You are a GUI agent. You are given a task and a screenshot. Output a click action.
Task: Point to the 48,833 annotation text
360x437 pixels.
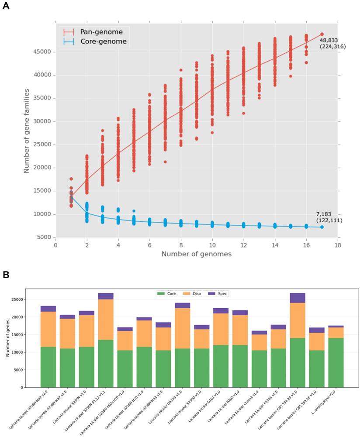point(329,40)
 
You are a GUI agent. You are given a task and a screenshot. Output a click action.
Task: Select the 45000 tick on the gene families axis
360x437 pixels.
point(42,52)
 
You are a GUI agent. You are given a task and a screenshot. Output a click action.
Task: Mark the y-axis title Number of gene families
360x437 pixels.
point(27,131)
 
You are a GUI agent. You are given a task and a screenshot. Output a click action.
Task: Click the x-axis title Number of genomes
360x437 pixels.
point(196,254)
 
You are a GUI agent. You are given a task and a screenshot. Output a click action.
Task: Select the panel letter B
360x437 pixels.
point(6,275)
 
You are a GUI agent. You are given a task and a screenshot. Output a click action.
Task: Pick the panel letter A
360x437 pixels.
point(6,7)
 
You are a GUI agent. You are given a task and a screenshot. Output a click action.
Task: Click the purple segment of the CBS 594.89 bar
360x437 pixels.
point(298,298)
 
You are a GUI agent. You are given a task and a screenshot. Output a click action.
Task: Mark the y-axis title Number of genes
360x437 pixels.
point(7,338)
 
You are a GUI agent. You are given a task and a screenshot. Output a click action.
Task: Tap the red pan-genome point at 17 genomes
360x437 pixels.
point(322,34)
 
